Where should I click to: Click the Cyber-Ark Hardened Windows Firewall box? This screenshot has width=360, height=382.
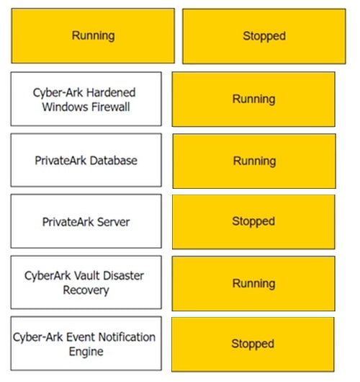[x=86, y=99]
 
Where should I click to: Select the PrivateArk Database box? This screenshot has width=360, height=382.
[x=86, y=160]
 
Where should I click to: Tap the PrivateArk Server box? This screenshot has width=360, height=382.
[x=86, y=221]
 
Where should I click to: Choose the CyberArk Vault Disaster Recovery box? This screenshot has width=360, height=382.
[x=86, y=283]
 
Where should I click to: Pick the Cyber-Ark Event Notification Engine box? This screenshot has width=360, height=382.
[x=86, y=344]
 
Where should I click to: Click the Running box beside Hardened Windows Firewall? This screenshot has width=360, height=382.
[x=253, y=99]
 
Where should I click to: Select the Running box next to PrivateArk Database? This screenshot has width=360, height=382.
[x=254, y=161]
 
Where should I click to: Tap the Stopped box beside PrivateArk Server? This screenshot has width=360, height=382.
[x=253, y=222]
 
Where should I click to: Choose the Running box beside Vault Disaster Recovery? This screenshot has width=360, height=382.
[x=253, y=283]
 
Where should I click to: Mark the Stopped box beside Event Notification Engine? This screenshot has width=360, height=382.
[x=253, y=345]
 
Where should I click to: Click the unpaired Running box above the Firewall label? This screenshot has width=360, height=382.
[x=93, y=36]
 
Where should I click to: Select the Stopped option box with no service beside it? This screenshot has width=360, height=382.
[x=264, y=36]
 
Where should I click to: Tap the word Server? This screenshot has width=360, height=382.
[x=113, y=222]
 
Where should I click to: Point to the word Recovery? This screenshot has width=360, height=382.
[x=86, y=290]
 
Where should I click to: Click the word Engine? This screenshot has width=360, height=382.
[x=86, y=352]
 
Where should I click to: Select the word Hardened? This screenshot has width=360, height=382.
[x=111, y=92]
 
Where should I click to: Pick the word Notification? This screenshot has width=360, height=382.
[x=127, y=337]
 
